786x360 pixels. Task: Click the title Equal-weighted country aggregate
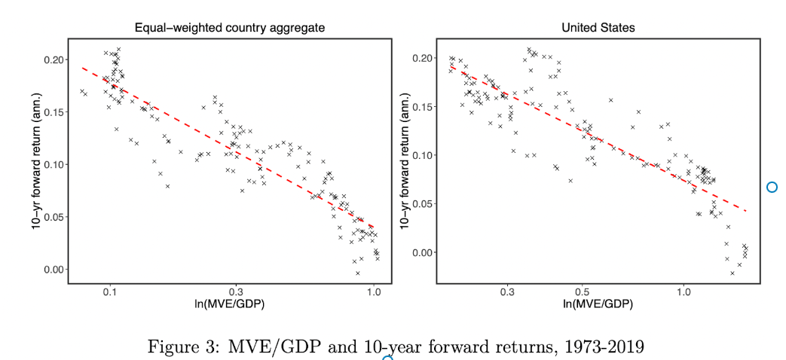tap(229, 28)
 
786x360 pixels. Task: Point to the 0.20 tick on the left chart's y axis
tap(55, 59)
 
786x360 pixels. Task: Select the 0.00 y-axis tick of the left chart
tap(55, 270)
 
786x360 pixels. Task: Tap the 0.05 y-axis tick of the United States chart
tap(424, 204)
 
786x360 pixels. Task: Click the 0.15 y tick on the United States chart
tap(424, 107)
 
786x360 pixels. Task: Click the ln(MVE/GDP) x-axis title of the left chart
tap(230, 304)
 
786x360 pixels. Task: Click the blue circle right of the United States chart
tap(772, 187)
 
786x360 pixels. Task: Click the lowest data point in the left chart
tap(358, 273)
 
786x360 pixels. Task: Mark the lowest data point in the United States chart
tap(732, 273)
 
